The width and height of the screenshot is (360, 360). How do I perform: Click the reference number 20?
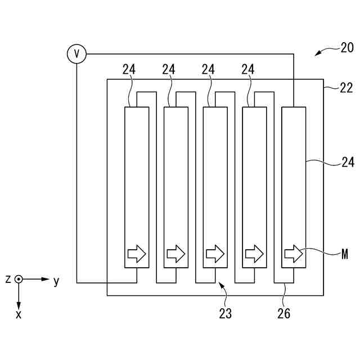[x=347, y=48]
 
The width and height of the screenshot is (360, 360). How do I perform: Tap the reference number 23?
[x=225, y=313]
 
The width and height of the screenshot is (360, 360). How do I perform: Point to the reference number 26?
[x=284, y=314]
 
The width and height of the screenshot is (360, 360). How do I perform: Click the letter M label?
[x=345, y=254]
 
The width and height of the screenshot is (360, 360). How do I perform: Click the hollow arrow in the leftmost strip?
[x=137, y=254]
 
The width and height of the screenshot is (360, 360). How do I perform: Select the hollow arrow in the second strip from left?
[x=176, y=254]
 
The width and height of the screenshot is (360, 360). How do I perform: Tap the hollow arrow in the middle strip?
[x=215, y=254]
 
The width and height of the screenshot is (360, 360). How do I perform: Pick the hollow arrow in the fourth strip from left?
[x=254, y=254]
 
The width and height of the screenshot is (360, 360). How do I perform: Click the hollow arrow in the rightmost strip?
[x=294, y=254]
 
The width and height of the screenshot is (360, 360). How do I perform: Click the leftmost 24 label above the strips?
[x=129, y=69]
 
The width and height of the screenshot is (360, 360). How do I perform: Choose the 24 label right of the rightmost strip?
[x=348, y=163]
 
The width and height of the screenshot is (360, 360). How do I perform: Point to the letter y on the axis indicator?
[x=56, y=281]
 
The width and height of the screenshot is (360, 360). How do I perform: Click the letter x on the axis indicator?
[x=19, y=314]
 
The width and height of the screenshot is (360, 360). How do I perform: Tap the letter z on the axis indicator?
[x=8, y=279]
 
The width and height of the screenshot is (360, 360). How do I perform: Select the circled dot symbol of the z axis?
[x=19, y=279]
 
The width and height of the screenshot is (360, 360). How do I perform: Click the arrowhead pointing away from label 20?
[x=317, y=54]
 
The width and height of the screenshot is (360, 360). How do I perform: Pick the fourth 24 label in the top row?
[x=247, y=69]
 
